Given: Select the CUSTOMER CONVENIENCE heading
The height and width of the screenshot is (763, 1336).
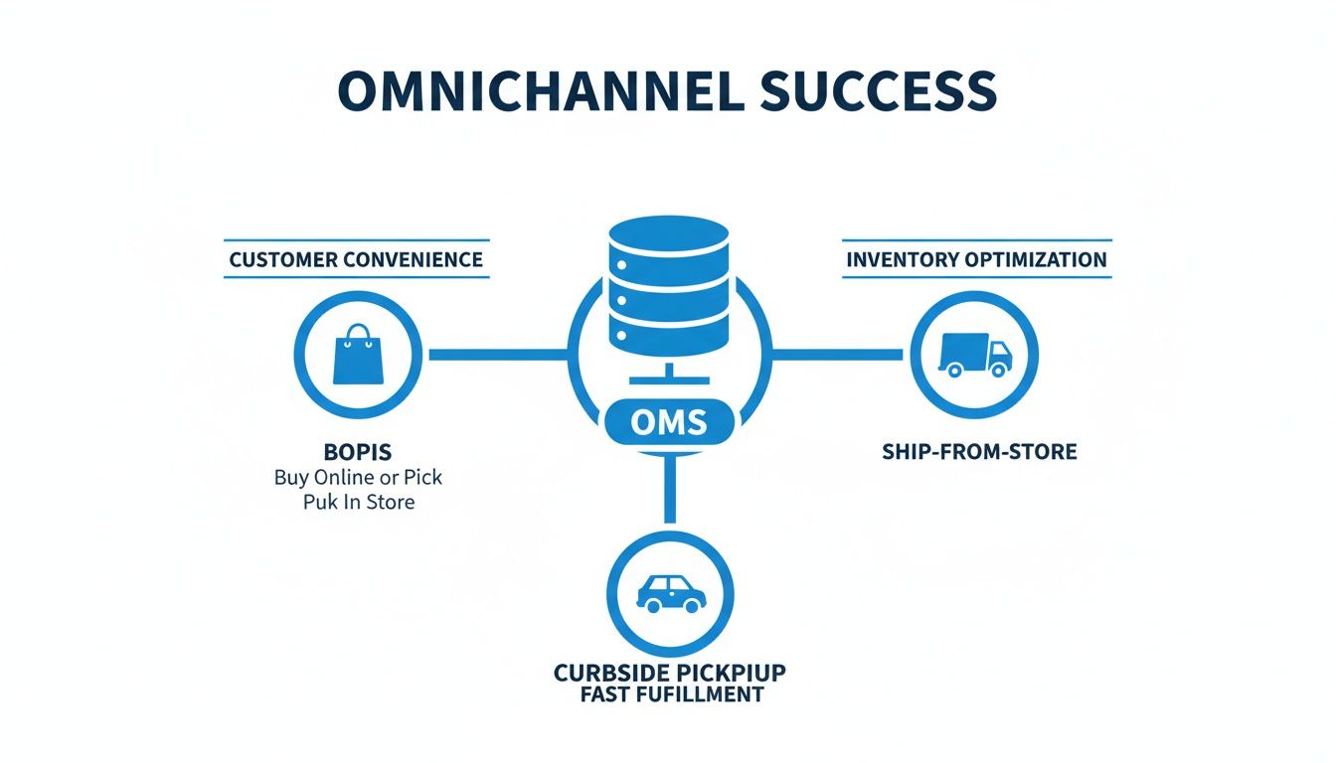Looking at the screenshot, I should tap(356, 259).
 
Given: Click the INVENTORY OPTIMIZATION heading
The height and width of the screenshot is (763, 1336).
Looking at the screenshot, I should tap(976, 259).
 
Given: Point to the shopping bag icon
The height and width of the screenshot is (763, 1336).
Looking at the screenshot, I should tap(357, 355).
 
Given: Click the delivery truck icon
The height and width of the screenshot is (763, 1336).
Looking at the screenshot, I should tap(974, 354).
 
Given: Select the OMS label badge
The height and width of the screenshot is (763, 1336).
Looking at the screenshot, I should tap(669, 423).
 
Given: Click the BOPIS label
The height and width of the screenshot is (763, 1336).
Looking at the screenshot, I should tap(358, 452).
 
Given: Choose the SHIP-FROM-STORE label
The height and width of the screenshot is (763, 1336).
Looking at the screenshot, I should tap(979, 452).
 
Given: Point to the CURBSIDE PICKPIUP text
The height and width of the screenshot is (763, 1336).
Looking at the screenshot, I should tap(669, 673).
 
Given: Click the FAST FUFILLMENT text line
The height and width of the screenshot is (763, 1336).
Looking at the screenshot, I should tap(669, 694).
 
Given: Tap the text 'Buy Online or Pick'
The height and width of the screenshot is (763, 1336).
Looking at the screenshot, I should tap(358, 477).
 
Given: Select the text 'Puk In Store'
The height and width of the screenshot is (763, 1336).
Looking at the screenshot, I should tap(358, 502).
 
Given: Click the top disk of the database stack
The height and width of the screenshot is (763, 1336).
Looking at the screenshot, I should tap(669, 239).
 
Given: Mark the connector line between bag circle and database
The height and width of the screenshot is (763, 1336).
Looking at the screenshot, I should tap(497, 353).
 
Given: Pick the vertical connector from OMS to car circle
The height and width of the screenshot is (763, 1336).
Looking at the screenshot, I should tap(669, 492).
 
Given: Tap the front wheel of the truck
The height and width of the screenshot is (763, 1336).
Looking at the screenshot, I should tap(997, 370).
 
